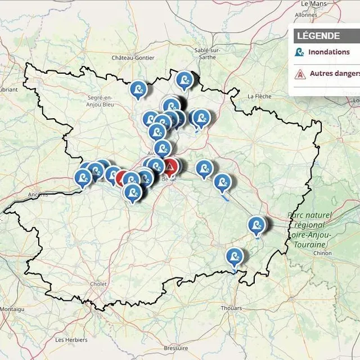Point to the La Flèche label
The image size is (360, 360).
tap(259, 96)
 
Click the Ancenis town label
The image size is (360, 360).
tap(37, 195)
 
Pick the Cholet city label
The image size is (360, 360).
tap(99, 284)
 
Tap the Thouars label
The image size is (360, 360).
tap(231, 308)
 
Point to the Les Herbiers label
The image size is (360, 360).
tap(71, 340)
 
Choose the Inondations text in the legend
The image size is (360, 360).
tap(328, 52)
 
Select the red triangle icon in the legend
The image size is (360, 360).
tap(300, 74)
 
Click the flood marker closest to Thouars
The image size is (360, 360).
tap(235, 257)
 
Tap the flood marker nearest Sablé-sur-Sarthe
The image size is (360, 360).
tap(184, 79)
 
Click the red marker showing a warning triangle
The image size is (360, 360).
tap(170, 166)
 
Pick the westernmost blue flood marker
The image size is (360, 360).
tap(83, 178)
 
